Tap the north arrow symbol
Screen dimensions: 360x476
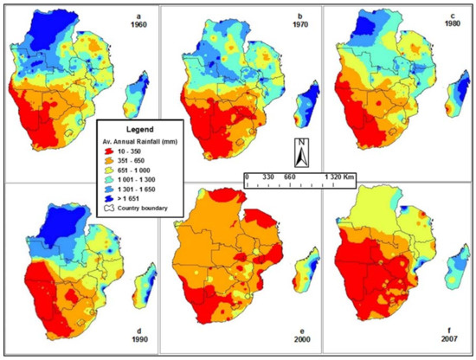click(298, 153)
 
